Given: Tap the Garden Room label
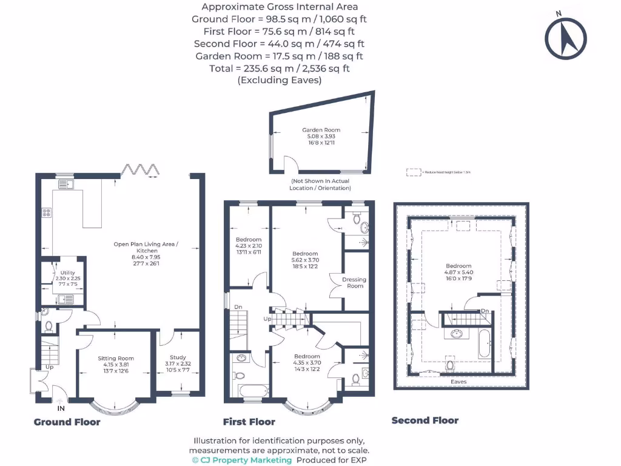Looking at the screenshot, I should point(321,130).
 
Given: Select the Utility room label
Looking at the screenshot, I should point(67,274).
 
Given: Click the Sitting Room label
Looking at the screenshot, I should point(116,358).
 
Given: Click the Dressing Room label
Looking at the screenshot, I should point(354,283).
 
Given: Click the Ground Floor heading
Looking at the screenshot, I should point(67,422).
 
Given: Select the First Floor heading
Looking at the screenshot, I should point(249,422).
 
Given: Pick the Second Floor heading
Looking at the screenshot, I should point(425,420).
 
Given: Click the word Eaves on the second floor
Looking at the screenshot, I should point(458,382).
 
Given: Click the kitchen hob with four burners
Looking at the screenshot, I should point(45,212).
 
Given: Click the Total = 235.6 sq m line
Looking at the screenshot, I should point(280,69).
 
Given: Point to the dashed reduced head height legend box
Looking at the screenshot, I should point(414,172).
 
